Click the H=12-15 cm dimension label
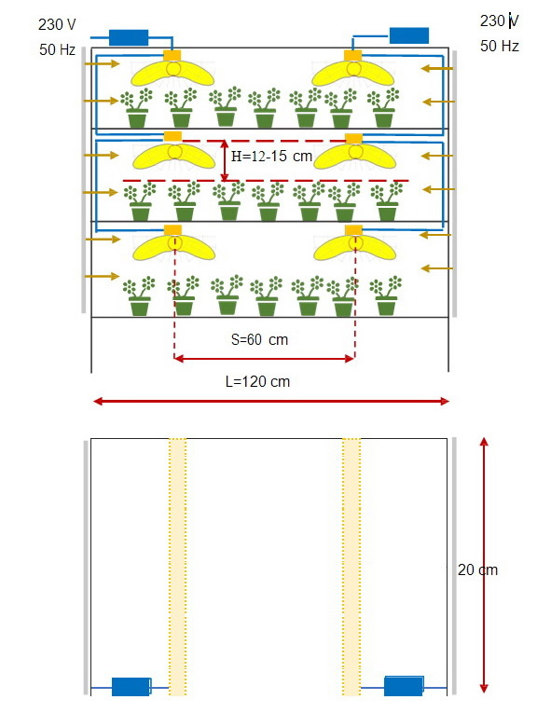pyautogui.click(x=271, y=157)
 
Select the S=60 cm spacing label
pyautogui.click(x=260, y=340)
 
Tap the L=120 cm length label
pyautogui.click(x=258, y=381)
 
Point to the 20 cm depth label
pyautogui.click(x=477, y=569)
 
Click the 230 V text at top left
pyautogui.click(x=57, y=24)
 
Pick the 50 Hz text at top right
pyautogui.click(x=500, y=46)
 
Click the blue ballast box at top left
pyautogui.click(x=129, y=37)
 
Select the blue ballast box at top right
pyautogui.click(x=409, y=35)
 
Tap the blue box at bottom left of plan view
pyautogui.click(x=131, y=686)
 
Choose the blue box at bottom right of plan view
pyautogui.click(x=404, y=686)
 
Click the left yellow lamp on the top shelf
pyautogui.click(x=172, y=74)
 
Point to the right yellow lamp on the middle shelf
pyautogui.click(x=355, y=157)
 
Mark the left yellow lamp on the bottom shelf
pyautogui.click(x=174, y=248)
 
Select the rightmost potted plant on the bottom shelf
pyautogui.click(x=386, y=295)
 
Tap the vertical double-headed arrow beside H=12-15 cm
pyautogui.click(x=225, y=160)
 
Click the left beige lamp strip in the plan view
pyautogui.click(x=178, y=567)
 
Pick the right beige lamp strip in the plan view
pyautogui.click(x=351, y=567)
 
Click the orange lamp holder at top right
pyautogui.click(x=353, y=55)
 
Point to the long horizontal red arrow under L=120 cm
pyautogui.click(x=271, y=401)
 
